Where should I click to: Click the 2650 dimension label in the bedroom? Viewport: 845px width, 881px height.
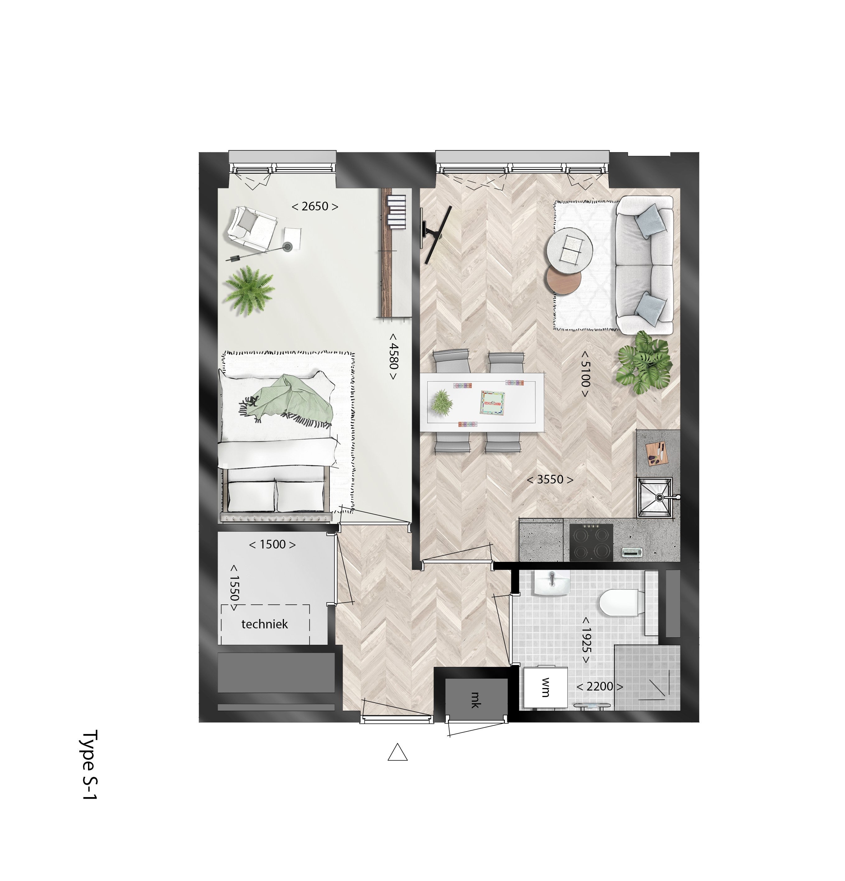(314, 206)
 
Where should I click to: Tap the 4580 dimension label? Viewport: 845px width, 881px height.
(393, 356)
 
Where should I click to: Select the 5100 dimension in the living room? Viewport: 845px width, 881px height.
(584, 374)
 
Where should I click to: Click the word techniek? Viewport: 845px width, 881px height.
(265, 624)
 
